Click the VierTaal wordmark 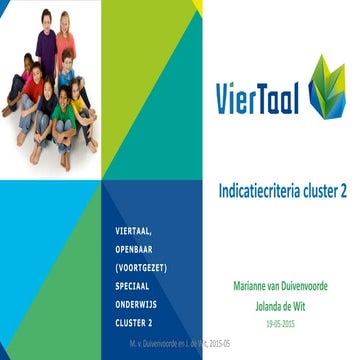258,96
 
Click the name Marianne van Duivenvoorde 287,286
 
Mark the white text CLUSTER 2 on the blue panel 134,322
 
